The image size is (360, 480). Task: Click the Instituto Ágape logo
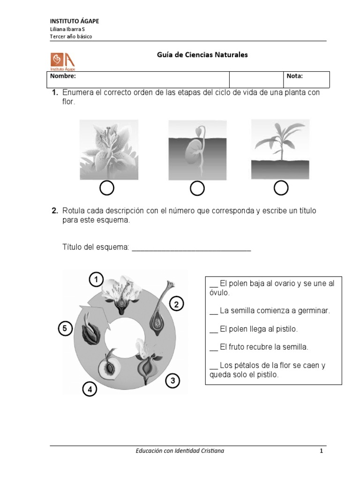(x=62, y=61)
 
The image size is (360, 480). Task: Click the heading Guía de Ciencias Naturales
(x=202, y=55)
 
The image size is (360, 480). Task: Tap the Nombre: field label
(x=63, y=76)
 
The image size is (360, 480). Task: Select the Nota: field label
(x=294, y=76)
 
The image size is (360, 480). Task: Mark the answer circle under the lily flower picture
(x=107, y=188)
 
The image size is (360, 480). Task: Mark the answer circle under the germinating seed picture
(x=197, y=188)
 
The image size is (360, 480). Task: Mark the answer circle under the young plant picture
(x=281, y=188)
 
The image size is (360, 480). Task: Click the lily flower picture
(x=109, y=150)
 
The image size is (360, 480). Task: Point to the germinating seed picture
(x=197, y=150)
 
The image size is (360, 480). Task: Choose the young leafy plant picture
(x=280, y=149)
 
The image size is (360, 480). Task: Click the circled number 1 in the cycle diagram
(x=96, y=280)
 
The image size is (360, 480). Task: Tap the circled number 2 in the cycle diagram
(x=176, y=305)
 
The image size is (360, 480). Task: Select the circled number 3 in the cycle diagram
(x=172, y=381)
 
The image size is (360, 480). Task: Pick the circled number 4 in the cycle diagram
(x=90, y=389)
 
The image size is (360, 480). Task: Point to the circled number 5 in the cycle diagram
(x=66, y=329)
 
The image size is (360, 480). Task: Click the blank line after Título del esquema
(x=191, y=247)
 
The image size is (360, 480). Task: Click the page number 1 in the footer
(x=322, y=451)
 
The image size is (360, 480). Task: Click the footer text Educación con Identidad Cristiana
(x=180, y=451)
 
